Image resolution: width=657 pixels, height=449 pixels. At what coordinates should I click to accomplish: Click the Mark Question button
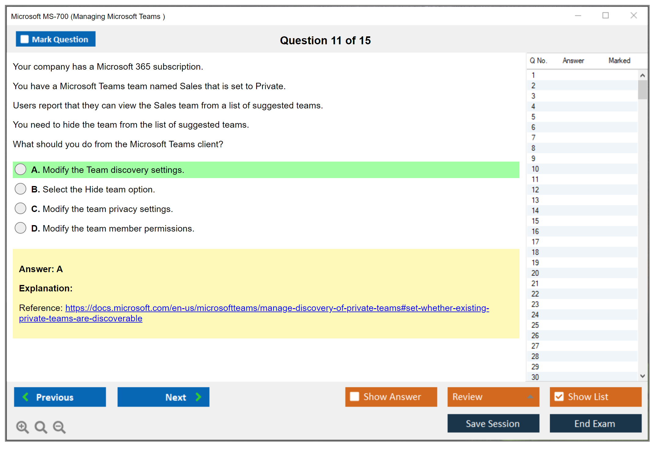[56, 39]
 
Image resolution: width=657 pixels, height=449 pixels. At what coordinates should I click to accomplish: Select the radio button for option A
[20, 170]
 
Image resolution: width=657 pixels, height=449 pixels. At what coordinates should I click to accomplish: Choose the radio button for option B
[20, 189]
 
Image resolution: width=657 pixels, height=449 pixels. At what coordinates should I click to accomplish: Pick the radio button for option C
[20, 209]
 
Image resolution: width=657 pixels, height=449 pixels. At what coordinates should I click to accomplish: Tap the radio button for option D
[20, 228]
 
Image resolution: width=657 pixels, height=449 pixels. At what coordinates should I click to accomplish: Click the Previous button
[60, 397]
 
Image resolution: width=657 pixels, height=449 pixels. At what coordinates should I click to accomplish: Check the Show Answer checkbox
[354, 396]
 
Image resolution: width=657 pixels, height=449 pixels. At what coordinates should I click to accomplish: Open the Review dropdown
[493, 397]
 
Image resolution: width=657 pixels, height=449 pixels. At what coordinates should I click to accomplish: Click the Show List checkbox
[559, 396]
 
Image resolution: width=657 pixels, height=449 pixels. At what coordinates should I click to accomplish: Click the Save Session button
[493, 423]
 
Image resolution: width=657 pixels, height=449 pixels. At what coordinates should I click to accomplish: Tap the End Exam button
[596, 423]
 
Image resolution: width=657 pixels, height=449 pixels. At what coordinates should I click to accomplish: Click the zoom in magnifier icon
[23, 427]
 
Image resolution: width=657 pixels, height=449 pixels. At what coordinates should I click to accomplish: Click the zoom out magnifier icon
[59, 427]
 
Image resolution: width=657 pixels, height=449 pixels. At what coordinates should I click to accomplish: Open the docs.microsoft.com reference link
[254, 313]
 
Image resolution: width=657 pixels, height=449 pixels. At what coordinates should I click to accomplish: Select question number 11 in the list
[535, 179]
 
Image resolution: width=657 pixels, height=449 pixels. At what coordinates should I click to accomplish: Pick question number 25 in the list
[535, 325]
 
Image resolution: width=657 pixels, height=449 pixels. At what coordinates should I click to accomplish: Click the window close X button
[634, 15]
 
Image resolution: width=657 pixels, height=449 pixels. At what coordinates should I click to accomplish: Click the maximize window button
[606, 15]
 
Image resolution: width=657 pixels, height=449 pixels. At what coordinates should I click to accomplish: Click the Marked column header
[619, 60]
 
